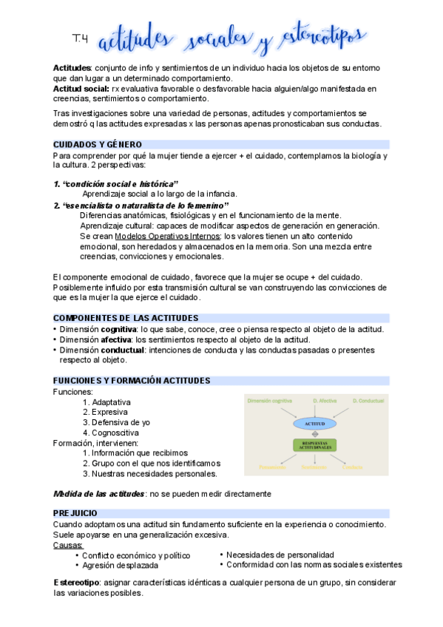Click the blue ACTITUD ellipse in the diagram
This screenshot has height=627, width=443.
tap(314, 424)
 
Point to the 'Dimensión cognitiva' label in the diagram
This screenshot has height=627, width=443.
tap(271, 400)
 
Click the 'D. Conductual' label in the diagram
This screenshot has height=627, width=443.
tap(367, 400)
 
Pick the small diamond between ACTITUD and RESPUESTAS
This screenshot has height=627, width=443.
tap(314, 435)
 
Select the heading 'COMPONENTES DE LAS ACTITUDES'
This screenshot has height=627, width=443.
tap(126, 318)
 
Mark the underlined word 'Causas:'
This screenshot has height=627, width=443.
tap(68, 545)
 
